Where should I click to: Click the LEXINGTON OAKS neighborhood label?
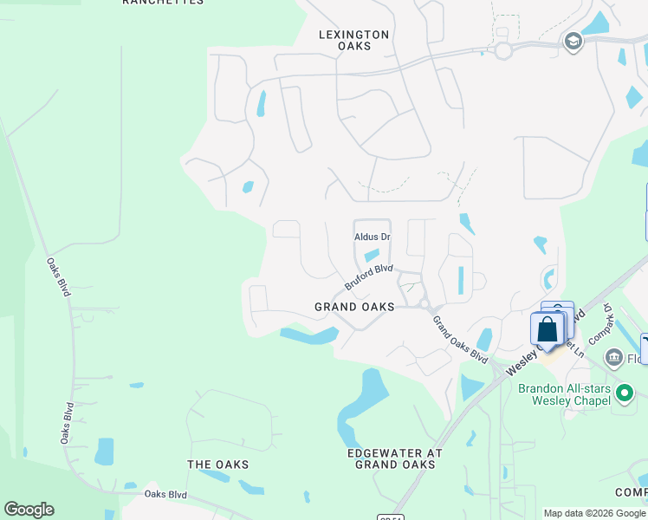[x=353, y=40]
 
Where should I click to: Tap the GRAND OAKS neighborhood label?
[x=354, y=307]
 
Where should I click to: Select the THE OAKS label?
[x=218, y=465]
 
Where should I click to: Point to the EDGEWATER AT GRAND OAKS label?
[x=394, y=458]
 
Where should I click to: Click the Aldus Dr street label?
[x=373, y=237]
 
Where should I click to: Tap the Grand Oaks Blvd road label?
[x=459, y=339]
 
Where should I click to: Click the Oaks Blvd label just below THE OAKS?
[x=167, y=494]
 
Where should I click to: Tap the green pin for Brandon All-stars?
[x=624, y=395]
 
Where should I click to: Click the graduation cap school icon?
[x=572, y=42]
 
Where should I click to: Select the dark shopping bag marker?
[x=548, y=330]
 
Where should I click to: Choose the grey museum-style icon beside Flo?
[x=613, y=356]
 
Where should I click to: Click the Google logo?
[x=29, y=510]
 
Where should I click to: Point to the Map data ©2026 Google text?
[x=594, y=513]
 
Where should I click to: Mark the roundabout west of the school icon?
[x=503, y=51]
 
